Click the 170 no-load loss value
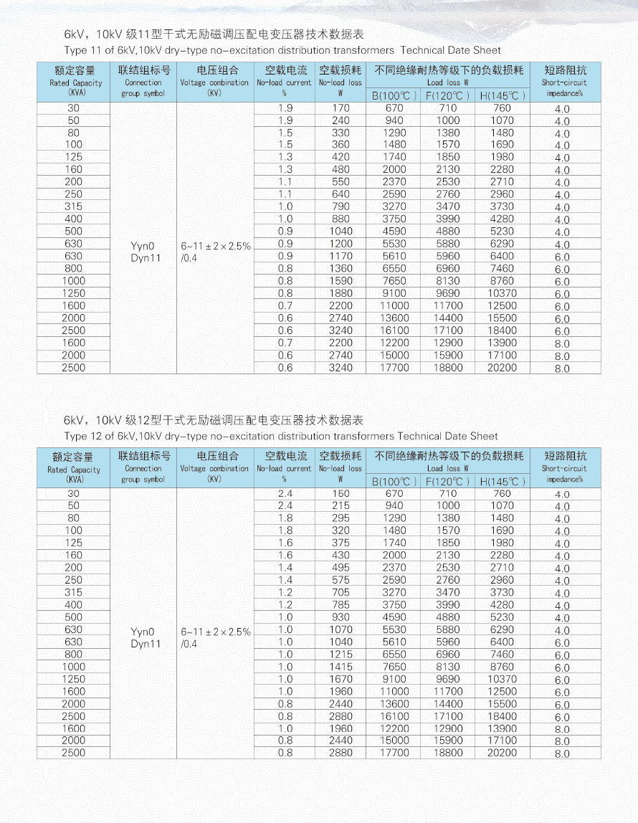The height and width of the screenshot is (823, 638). (x=341, y=108)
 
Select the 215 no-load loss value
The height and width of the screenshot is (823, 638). (x=341, y=506)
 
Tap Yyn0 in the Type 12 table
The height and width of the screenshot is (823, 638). (x=143, y=632)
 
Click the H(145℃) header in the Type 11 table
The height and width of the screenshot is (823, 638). (x=502, y=95)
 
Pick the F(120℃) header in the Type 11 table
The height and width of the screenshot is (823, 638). (x=447, y=95)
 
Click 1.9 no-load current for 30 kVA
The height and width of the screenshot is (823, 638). (x=285, y=108)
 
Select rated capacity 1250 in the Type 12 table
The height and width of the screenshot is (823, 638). (x=73, y=679)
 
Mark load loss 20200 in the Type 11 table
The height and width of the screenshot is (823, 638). (x=502, y=368)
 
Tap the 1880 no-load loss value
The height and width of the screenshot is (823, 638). (x=341, y=293)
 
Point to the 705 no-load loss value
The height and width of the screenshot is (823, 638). (x=341, y=593)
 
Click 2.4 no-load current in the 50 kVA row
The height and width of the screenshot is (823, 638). (x=285, y=506)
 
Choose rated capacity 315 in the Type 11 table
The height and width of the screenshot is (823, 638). (x=73, y=206)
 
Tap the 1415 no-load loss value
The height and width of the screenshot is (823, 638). (x=341, y=667)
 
